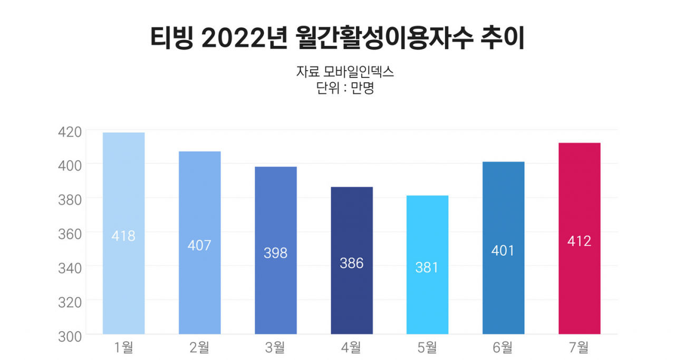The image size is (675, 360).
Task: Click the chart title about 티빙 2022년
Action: [337, 38]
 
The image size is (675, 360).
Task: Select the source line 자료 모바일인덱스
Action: [345, 72]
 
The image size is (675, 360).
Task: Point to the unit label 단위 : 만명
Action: [345, 88]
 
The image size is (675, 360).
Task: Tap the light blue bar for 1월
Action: [123, 233]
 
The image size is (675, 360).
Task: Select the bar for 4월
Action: [352, 260]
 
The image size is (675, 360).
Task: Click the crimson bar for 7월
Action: [580, 238]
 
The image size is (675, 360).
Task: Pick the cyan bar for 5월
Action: [427, 265]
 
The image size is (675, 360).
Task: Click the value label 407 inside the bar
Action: [199, 246]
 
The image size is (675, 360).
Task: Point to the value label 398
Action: [275, 253]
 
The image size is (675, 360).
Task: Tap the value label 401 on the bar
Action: [503, 251]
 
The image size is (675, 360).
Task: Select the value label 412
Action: [579, 241]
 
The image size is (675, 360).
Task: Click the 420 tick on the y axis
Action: [70, 132]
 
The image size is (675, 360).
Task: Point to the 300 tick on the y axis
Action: [70, 337]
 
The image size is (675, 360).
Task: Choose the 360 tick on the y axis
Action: [70, 235]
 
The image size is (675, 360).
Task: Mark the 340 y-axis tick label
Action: [70, 268]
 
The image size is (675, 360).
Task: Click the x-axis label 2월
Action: [199, 348]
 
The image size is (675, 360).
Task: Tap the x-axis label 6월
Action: [503, 348]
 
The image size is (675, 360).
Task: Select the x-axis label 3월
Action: [275, 348]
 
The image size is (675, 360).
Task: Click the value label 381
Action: [427, 268]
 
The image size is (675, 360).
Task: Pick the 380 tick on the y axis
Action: [70, 200]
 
